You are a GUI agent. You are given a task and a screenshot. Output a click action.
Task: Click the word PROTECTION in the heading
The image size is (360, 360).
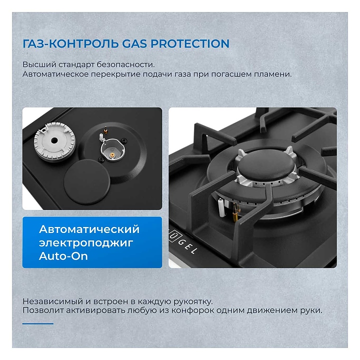pyautogui.click(x=190, y=43)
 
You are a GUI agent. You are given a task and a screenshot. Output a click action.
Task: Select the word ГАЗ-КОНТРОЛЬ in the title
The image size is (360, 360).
pyautogui.click(x=70, y=44)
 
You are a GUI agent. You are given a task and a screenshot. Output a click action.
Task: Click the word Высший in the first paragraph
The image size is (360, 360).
pyautogui.click(x=39, y=64)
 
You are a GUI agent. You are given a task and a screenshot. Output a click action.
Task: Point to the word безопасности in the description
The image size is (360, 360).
pyautogui.click(x=125, y=64)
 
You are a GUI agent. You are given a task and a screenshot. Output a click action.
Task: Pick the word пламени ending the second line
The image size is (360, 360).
pyautogui.click(x=273, y=74)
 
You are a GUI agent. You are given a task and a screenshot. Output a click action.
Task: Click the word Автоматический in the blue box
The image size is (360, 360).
pyautogui.click(x=89, y=229)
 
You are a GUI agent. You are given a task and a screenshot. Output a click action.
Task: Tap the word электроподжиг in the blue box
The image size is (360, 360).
pyautogui.click(x=86, y=243)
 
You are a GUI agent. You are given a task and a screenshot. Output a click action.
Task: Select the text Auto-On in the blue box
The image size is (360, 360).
pyautogui.click(x=63, y=256)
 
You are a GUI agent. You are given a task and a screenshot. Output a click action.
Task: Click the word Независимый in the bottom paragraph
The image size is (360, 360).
pyautogui.click(x=52, y=301)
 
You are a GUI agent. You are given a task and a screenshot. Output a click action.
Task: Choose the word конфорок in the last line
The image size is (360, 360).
pyautogui.click(x=192, y=310)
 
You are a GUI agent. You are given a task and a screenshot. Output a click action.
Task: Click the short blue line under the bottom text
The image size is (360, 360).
pyautogui.click(x=38, y=323)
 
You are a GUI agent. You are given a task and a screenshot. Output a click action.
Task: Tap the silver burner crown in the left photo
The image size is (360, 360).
pyautogui.click(x=54, y=141)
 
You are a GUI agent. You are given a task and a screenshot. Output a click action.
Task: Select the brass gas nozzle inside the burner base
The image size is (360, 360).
pyautogui.click(x=112, y=155)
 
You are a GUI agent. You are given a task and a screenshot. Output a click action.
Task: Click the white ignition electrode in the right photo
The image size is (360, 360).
pyautogui.click(x=221, y=207)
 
